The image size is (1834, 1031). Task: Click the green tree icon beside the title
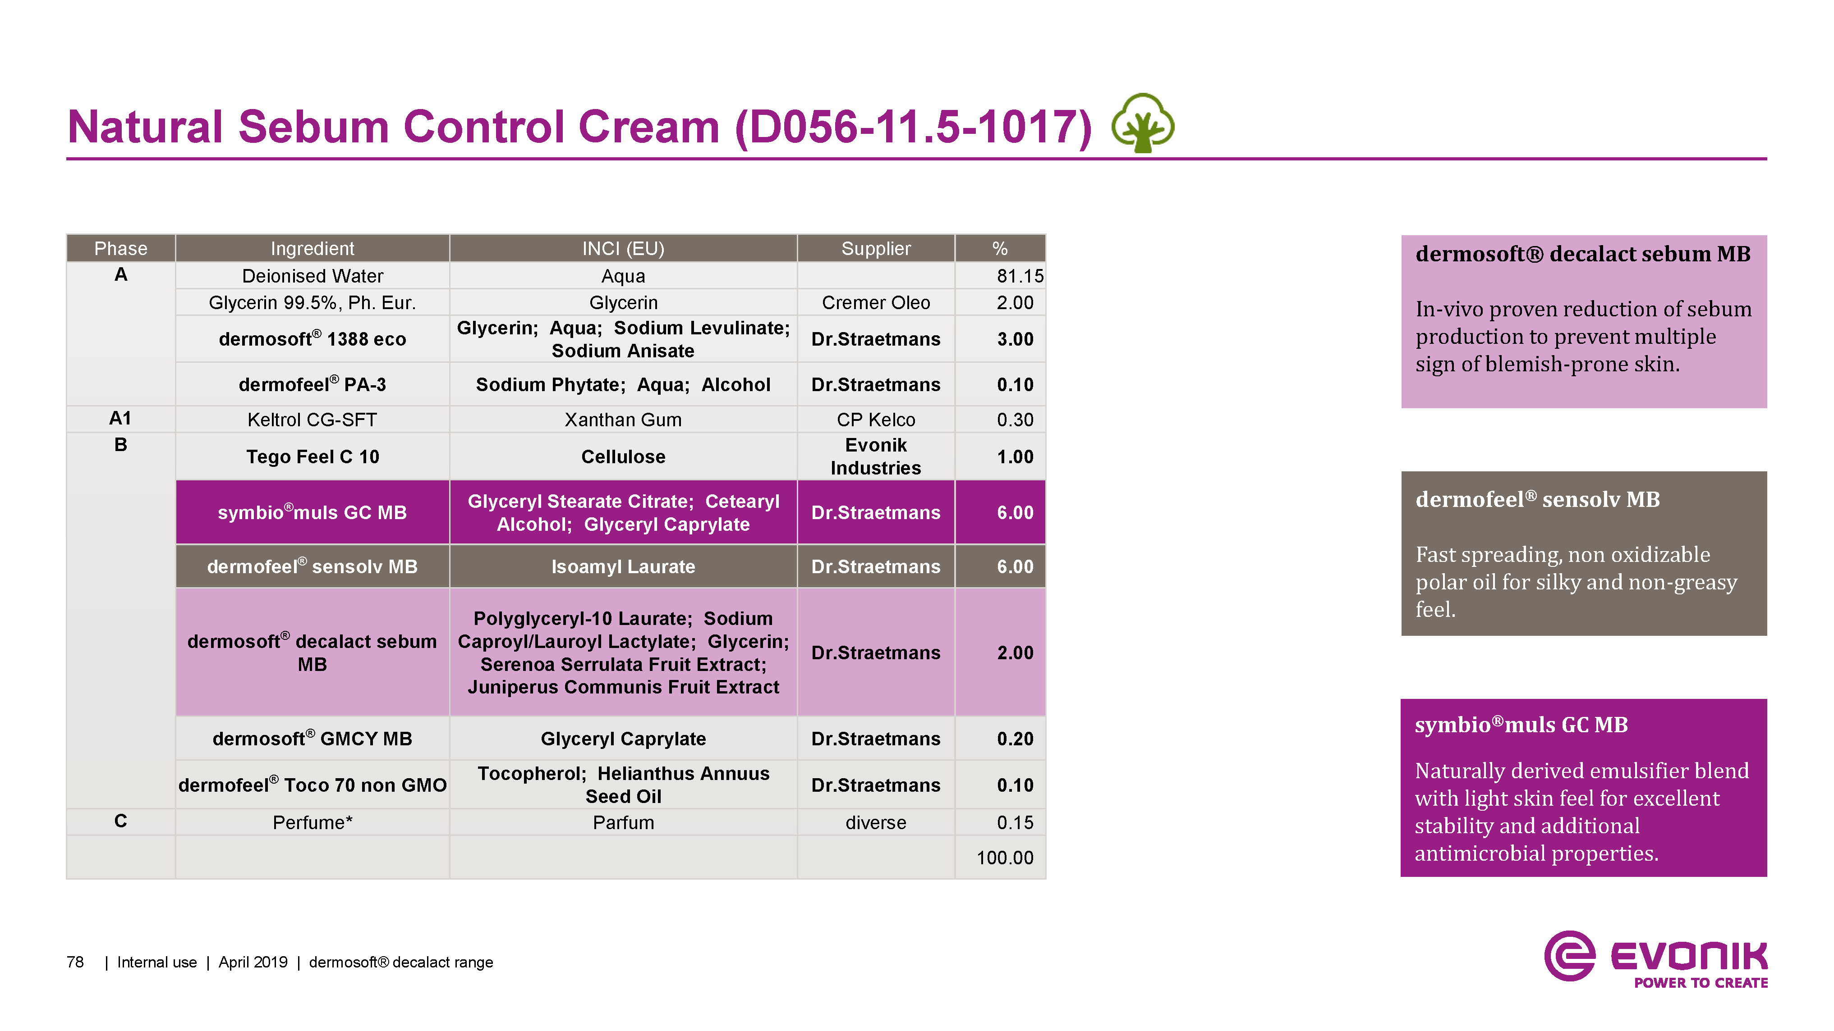tap(1143, 123)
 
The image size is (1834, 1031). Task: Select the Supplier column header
tap(876, 248)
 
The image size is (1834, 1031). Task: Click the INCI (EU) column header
tap(623, 248)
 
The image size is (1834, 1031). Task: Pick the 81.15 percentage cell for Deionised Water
tap(1020, 276)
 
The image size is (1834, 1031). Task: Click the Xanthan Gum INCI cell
tap(623, 420)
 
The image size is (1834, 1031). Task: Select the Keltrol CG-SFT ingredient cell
tap(312, 420)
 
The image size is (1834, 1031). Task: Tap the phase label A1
tap(120, 418)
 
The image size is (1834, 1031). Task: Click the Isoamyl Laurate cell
tap(623, 566)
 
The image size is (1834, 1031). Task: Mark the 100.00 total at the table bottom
tap(1005, 858)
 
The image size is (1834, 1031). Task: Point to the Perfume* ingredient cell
tap(313, 822)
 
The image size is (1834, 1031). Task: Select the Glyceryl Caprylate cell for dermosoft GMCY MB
tap(623, 739)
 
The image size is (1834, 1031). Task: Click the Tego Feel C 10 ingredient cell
tap(313, 457)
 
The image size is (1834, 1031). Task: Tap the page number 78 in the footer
tap(75, 962)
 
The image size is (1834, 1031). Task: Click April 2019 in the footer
tap(253, 962)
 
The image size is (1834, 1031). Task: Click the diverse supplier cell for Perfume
tap(876, 822)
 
